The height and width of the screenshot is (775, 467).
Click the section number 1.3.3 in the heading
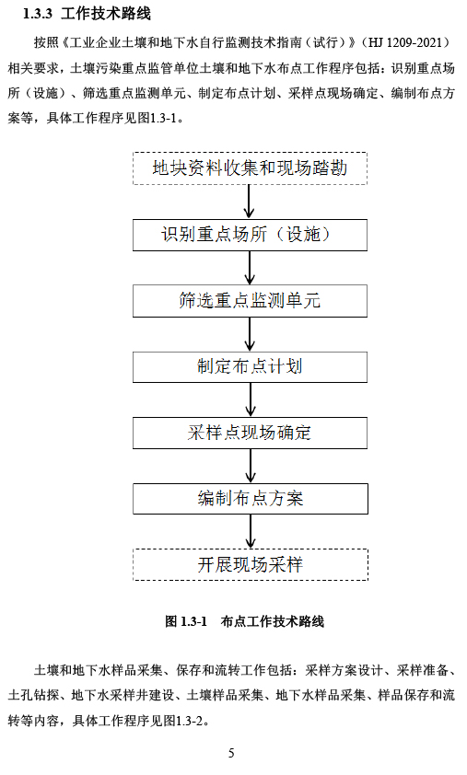click(38, 13)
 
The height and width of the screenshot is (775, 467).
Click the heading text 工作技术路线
click(106, 13)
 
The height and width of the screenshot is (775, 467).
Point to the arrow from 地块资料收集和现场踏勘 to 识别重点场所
click(249, 202)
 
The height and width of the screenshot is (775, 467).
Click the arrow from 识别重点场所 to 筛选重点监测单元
click(250, 268)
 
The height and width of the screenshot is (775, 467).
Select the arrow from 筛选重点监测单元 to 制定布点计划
click(250, 334)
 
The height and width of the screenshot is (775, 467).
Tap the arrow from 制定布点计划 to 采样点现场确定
click(251, 399)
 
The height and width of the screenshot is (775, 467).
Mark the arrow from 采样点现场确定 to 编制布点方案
click(251, 466)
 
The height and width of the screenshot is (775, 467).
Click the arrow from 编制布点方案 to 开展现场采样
click(251, 531)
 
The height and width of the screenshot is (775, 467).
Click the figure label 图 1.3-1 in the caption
click(186, 621)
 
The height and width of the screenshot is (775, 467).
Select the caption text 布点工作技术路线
click(272, 621)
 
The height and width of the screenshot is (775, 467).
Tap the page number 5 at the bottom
click(231, 753)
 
